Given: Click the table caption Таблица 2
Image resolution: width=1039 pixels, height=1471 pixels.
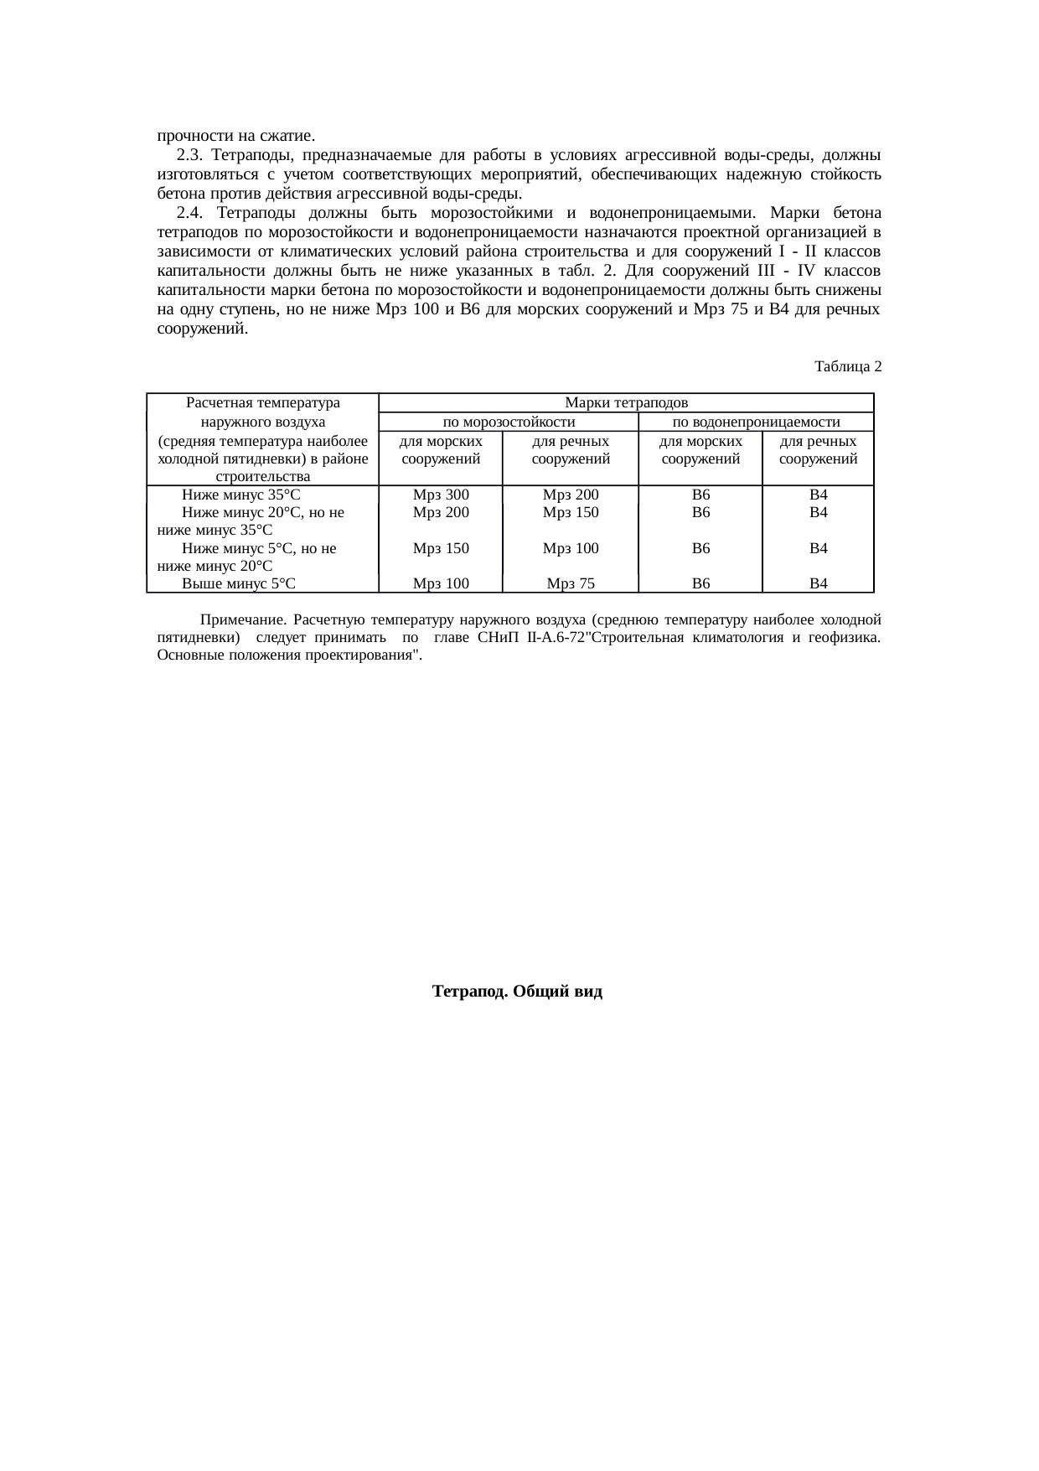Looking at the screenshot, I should pyautogui.click(x=847, y=366).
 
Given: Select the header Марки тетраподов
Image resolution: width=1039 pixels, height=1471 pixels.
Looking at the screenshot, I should pyautogui.click(x=627, y=403).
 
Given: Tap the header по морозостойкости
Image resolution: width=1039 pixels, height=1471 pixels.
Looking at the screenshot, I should pyautogui.click(x=508, y=422).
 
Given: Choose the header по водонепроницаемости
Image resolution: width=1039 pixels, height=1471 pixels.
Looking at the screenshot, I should pyautogui.click(x=757, y=422).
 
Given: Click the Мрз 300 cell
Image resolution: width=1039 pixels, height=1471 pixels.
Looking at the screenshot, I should pyautogui.click(x=441, y=495).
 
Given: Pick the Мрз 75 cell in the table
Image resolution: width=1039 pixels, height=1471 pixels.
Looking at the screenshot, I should pyautogui.click(x=571, y=583).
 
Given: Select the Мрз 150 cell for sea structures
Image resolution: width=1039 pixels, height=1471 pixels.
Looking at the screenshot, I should pyautogui.click(x=441, y=548).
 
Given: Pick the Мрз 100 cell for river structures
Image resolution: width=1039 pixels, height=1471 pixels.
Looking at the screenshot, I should pyautogui.click(x=571, y=548).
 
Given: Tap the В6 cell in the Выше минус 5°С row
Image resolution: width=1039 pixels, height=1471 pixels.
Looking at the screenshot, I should pyautogui.click(x=701, y=583).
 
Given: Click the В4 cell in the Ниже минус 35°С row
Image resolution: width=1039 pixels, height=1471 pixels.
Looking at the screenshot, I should pyautogui.click(x=819, y=495).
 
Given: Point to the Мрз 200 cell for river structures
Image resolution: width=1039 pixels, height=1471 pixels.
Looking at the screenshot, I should pyautogui.click(x=571, y=495).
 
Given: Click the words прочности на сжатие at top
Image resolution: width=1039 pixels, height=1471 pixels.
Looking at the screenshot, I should pyautogui.click(x=235, y=136).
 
